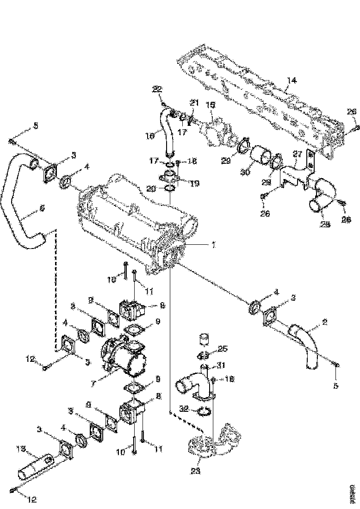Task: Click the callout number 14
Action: pos(290,80)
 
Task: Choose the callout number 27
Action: pos(297,154)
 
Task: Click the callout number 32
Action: pos(184,408)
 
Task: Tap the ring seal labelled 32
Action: pos(205,411)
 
